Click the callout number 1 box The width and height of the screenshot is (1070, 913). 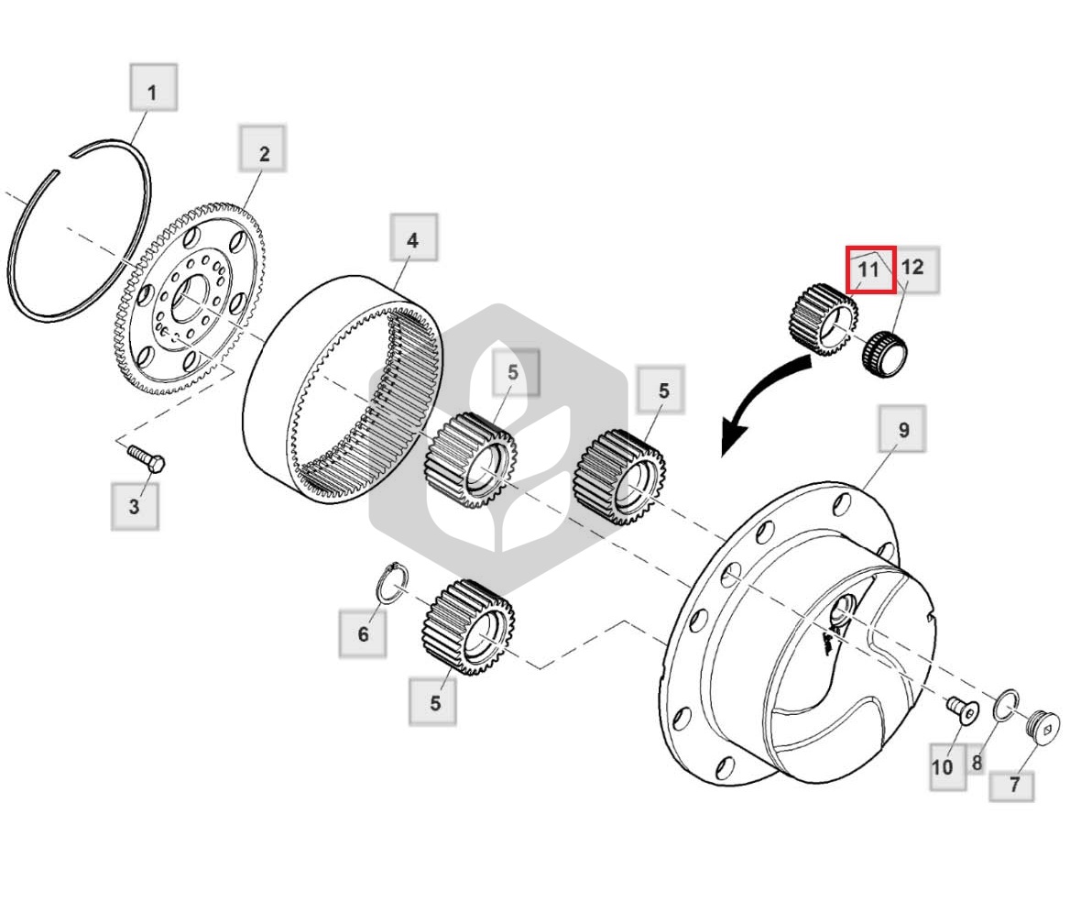click(154, 87)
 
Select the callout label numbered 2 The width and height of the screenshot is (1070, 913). click(263, 148)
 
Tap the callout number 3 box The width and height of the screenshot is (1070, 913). click(135, 506)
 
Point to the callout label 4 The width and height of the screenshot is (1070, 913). click(413, 236)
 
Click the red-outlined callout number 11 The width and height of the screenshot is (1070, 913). click(870, 269)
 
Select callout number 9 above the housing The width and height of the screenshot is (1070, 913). click(902, 429)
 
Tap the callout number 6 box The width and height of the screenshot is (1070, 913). click(363, 633)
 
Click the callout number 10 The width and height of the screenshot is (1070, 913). click(948, 767)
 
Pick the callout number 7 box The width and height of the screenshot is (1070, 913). click(1012, 786)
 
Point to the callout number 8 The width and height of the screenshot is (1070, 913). click(977, 762)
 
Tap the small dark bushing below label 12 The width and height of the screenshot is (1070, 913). click(885, 353)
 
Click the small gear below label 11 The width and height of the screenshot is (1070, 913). click(824, 320)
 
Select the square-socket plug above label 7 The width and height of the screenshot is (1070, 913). click(1043, 725)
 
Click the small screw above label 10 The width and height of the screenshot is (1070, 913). click(963, 710)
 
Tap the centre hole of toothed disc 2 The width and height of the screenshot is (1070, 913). click(188, 299)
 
